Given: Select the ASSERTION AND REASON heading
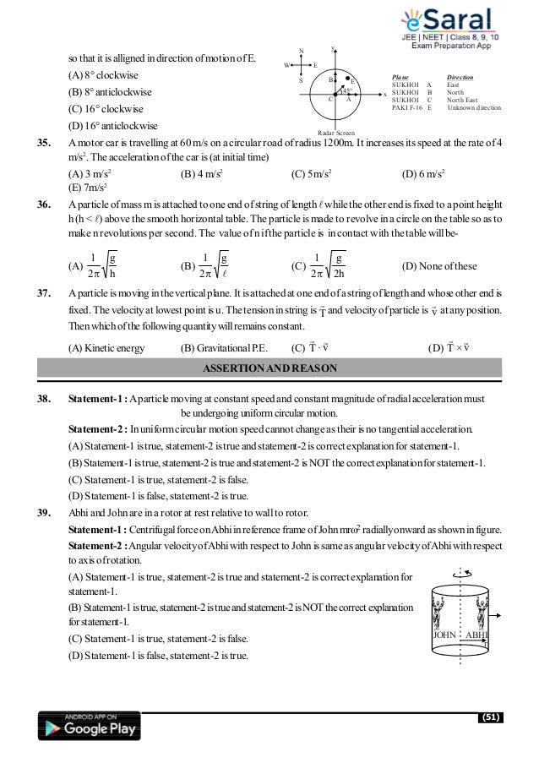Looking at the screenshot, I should click(x=270, y=368).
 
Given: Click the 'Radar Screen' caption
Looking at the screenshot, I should click(x=335, y=134).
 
